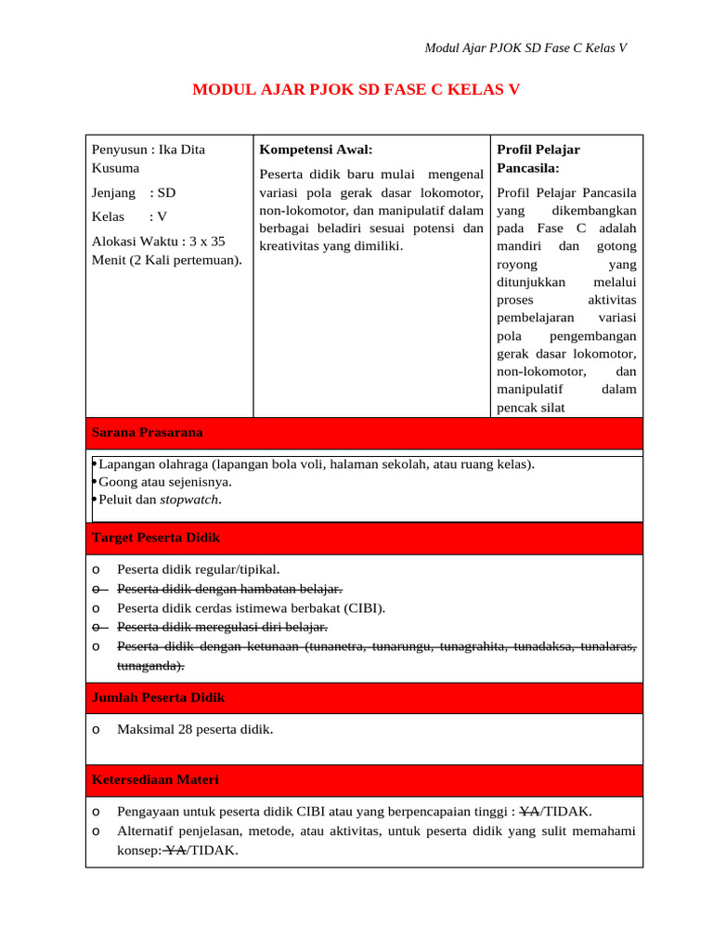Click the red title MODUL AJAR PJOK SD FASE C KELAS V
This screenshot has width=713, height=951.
click(x=356, y=90)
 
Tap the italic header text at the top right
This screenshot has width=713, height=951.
click(x=525, y=48)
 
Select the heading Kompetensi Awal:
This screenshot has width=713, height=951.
click(x=316, y=150)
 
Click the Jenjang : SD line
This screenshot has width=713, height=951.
click(x=134, y=193)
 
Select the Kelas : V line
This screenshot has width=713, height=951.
click(x=129, y=216)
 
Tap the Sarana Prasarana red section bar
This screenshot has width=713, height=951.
click(x=364, y=433)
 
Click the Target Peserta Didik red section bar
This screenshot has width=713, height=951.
click(x=364, y=539)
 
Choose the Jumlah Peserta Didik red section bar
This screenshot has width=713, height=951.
click(x=364, y=697)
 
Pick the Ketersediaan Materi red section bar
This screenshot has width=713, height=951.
click(x=364, y=780)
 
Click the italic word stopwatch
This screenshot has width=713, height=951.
click(x=190, y=500)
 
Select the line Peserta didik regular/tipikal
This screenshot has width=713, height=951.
click(x=198, y=569)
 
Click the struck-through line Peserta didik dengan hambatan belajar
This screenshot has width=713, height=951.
click(x=229, y=589)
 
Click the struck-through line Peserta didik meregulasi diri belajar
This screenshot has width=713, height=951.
click(x=222, y=628)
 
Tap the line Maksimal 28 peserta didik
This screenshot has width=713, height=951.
click(x=195, y=729)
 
